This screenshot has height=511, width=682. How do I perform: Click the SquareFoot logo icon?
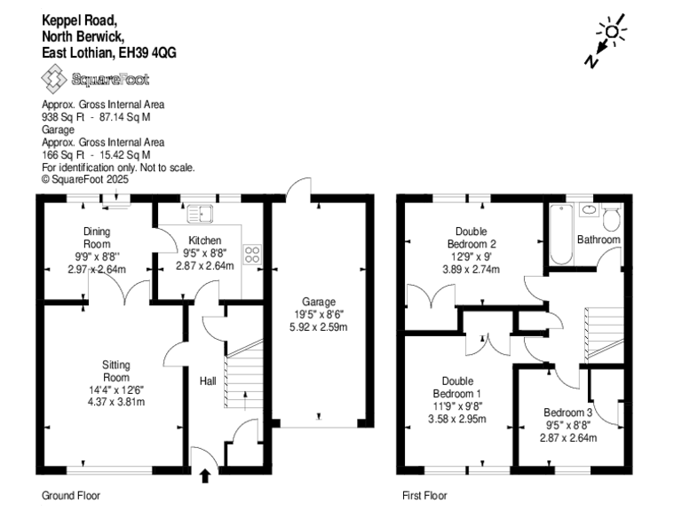point(55,81)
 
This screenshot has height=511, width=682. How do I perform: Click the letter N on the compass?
point(591,60)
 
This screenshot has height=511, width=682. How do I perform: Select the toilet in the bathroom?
point(611,218)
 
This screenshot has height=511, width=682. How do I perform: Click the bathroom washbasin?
point(586,210)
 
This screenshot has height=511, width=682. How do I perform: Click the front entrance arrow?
point(206,476)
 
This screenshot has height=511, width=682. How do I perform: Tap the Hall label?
point(207,381)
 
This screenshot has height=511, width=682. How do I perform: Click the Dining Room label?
point(97,238)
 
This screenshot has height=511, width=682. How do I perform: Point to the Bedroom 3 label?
point(569,413)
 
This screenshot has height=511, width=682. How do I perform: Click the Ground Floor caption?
point(71,496)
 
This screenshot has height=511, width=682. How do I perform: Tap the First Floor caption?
point(424,496)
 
